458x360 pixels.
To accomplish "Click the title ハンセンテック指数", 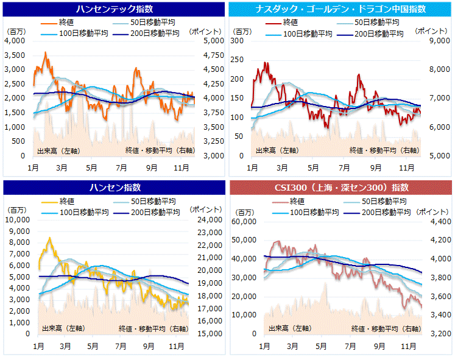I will click(114, 9).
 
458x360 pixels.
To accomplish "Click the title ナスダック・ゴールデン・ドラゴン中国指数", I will click(343, 9).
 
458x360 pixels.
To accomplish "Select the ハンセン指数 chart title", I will click(114, 187).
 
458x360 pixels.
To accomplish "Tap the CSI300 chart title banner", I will click(343, 187).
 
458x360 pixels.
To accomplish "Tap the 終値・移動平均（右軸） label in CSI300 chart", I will click(386, 328).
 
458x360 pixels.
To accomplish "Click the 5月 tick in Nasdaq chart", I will click(312, 168).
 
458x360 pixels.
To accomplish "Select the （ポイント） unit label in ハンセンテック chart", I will click(202, 30).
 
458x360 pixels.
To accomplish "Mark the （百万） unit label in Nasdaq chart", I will click(242, 30).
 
